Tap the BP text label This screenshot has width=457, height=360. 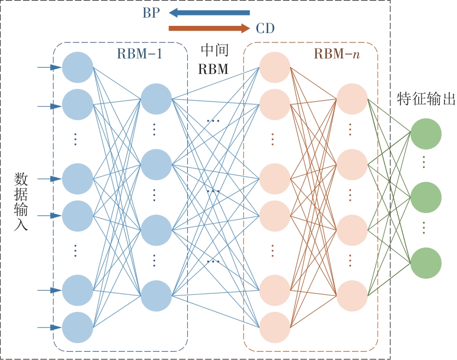tap(151, 13)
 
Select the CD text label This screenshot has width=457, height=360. tap(265, 28)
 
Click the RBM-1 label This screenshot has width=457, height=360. tap(139, 54)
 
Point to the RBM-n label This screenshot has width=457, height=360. tap(336, 54)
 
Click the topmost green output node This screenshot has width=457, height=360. tap(426, 132)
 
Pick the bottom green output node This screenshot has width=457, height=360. tap(426, 263)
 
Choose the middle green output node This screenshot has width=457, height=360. tap(426, 198)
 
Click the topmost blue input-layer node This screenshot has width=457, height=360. tap(78, 67)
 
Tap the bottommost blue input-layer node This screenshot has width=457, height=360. tap(78, 327)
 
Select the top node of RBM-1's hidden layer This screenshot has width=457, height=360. tap(156, 99)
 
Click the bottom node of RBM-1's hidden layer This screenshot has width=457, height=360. tap(156, 296)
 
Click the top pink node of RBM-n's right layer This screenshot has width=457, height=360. tap(352, 99)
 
